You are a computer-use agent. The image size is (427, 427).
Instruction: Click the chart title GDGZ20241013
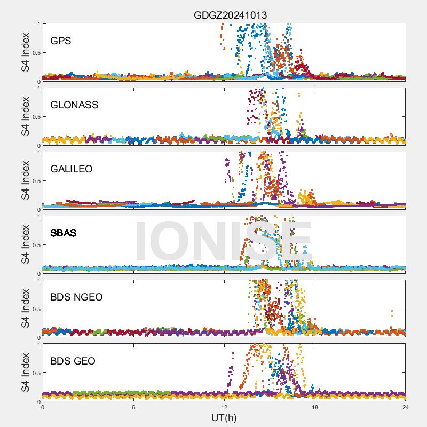230,15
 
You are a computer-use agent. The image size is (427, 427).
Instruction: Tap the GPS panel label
60,41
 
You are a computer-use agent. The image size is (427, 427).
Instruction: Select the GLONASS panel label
74,105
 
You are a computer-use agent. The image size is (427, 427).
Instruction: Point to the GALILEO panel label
72,169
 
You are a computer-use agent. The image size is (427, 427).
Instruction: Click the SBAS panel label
64,233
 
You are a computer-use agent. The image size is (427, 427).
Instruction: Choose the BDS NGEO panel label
76,297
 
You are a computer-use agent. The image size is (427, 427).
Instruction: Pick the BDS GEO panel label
73,361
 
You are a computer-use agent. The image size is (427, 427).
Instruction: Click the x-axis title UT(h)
224,417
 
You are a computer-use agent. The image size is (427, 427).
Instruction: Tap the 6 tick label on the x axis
133,407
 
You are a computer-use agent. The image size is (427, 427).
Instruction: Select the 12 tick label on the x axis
224,407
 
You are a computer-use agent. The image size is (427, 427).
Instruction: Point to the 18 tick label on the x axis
315,407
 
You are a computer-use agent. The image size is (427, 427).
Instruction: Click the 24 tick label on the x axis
406,407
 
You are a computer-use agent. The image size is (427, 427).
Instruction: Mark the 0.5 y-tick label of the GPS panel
36,52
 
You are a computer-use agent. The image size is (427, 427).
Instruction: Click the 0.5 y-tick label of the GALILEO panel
36,180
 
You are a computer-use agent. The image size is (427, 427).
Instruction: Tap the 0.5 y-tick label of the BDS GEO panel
36,373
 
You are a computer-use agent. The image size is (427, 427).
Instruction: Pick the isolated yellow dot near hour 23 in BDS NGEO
392,311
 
